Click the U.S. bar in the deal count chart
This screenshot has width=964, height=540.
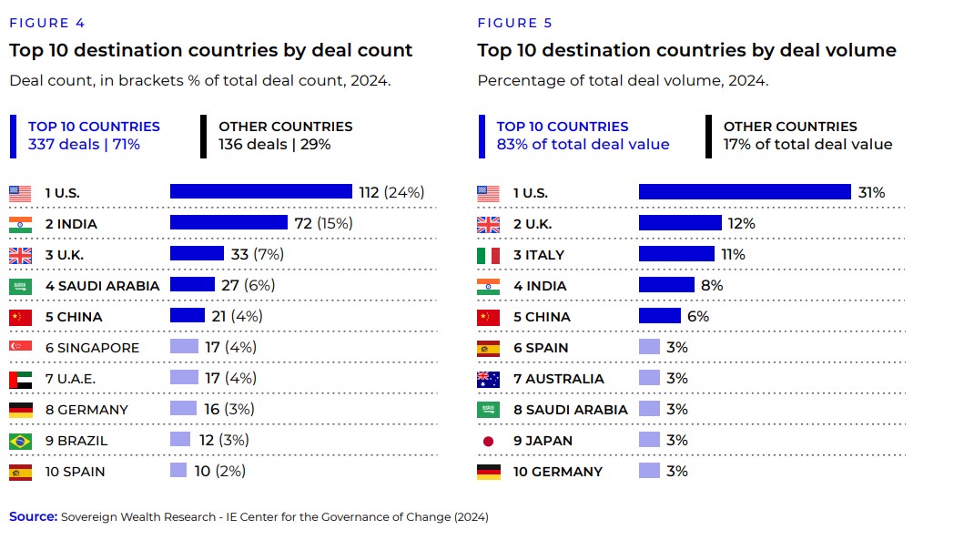coord(260,192)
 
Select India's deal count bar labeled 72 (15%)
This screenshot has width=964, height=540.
coord(228,223)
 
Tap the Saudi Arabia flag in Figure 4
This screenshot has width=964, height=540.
coord(20,286)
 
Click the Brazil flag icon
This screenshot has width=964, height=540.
coord(20,441)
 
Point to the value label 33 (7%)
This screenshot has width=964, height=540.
coord(256,254)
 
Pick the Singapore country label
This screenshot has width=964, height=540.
coord(98,348)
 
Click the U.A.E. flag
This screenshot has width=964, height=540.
coord(20,379)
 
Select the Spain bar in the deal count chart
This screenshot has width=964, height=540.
coord(178,471)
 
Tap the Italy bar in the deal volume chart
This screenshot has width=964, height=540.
coord(676,254)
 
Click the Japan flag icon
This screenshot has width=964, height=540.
coord(489,441)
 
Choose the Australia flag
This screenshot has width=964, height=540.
coord(489,379)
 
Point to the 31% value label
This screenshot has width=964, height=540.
coord(871,192)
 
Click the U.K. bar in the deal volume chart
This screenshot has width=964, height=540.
coord(680,223)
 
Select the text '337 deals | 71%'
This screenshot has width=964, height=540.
coord(84,144)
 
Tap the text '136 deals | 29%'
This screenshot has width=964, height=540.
coord(274,144)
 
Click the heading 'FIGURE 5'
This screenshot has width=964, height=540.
coord(514,23)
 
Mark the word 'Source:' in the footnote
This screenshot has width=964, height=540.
coord(33,517)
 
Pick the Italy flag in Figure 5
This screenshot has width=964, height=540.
coord(489,255)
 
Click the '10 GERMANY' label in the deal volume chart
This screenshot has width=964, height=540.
coord(557,472)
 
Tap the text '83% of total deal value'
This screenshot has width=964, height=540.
coord(583,144)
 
